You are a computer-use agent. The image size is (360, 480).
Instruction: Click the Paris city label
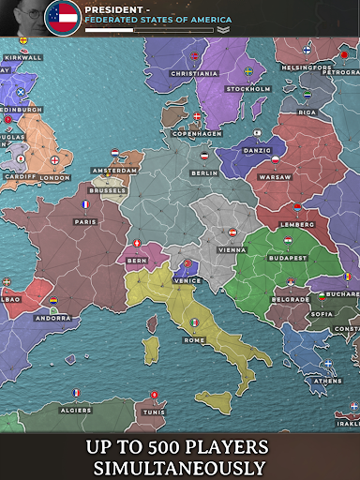[85, 222]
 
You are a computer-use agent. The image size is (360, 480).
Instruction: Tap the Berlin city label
[203, 173]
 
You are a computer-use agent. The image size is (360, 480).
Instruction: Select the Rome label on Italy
[195, 339]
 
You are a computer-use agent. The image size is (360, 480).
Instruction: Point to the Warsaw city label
[275, 177]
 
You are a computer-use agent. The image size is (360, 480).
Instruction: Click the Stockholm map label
[248, 89]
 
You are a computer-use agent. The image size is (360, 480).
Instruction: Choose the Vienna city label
[232, 250]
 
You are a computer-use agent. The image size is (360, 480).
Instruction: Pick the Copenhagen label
[196, 134]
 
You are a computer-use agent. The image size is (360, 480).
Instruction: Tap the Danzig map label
[255, 150]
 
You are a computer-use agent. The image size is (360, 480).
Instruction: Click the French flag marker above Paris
[84, 204]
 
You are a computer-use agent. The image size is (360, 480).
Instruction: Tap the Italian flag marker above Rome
[195, 322]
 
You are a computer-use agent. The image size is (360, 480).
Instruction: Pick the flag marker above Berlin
[204, 156]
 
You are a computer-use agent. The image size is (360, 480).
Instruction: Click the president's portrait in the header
[22, 17]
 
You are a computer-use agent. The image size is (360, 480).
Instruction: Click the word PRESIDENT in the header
[112, 7]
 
